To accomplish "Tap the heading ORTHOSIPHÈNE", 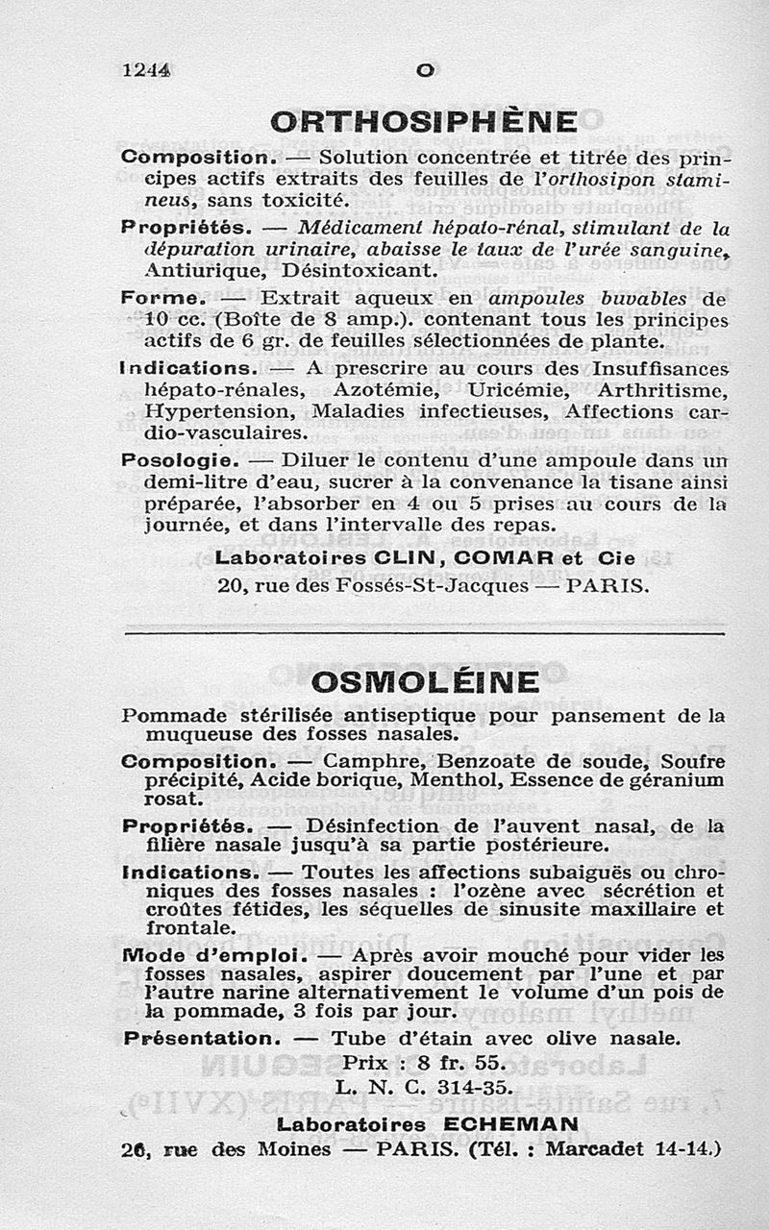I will pyautogui.click(x=424, y=122).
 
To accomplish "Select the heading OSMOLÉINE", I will pyautogui.click(x=426, y=683).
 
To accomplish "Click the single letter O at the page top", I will pyautogui.click(x=426, y=71).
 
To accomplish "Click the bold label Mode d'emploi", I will pyautogui.click(x=214, y=956).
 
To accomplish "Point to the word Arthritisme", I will pyautogui.click(x=662, y=390).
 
